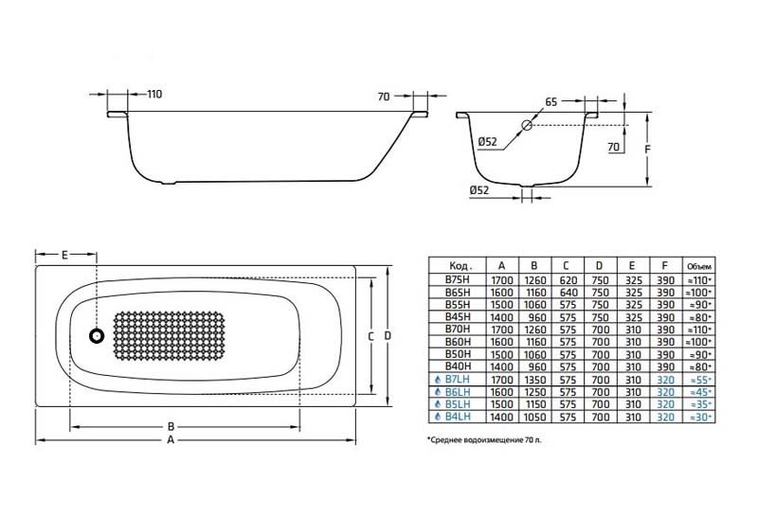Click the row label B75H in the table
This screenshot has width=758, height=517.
(x=457, y=281)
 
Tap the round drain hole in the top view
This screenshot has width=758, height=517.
(x=96, y=335)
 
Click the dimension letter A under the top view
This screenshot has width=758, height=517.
(x=170, y=440)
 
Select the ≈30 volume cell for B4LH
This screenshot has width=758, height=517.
(x=699, y=416)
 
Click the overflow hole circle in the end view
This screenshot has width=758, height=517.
(x=528, y=125)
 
